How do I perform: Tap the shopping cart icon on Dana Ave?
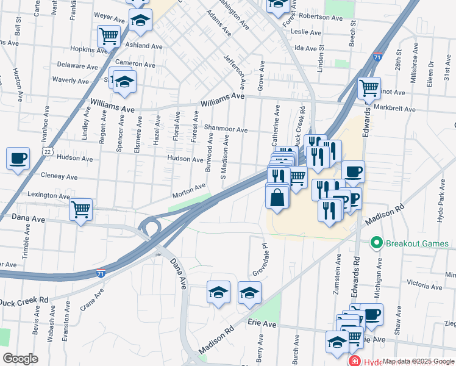point(80,210)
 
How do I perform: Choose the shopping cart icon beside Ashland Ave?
point(109,37)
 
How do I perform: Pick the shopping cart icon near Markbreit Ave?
point(369,88)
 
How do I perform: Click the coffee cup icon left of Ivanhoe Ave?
point(18,159)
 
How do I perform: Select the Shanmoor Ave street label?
point(226,129)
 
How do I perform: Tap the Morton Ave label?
point(189,190)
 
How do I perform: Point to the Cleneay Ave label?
point(59,177)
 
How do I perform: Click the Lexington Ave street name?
point(49,195)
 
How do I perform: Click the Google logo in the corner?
point(20,359)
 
